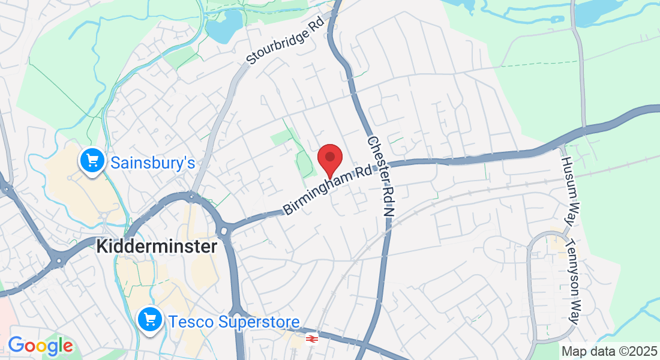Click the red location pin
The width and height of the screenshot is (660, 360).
pyautogui.click(x=329, y=158)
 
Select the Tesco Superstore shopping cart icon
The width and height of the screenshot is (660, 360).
pyautogui.click(x=149, y=319)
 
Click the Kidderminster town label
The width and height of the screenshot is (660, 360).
pyautogui.click(x=157, y=246)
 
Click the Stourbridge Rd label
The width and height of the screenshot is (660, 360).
pyautogui.click(x=285, y=40)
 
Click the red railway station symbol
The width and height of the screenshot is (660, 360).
pyautogui.click(x=311, y=339)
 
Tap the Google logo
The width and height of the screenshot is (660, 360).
pyautogui.click(x=40, y=346)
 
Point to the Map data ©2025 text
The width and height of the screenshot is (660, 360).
pyautogui.click(x=609, y=350)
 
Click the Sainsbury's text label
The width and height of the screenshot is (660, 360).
pyautogui.click(x=153, y=162)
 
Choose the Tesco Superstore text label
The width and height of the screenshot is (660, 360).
pyautogui.click(x=234, y=322)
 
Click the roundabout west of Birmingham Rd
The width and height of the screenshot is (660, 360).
pyautogui.click(x=225, y=231)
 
